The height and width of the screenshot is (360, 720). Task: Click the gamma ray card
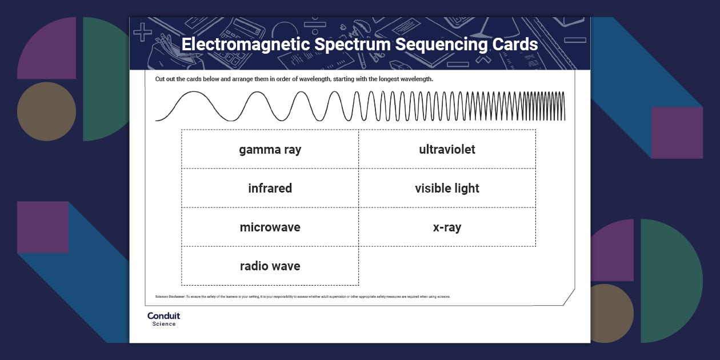click(270, 150)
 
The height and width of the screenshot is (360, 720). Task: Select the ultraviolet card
click(447, 150)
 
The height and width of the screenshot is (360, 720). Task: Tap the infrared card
click(270, 189)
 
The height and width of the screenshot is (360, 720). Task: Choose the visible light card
click(447, 189)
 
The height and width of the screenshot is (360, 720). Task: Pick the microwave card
click(270, 227)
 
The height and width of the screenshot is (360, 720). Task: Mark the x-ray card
click(447, 227)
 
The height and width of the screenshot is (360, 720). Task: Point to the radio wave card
click(270, 266)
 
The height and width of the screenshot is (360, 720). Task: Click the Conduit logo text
click(163, 316)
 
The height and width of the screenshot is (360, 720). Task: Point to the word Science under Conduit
click(163, 324)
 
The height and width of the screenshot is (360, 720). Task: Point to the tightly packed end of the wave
click(549, 106)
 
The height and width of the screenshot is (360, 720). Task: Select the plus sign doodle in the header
click(142, 31)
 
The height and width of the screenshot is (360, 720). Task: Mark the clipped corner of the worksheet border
click(569, 297)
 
